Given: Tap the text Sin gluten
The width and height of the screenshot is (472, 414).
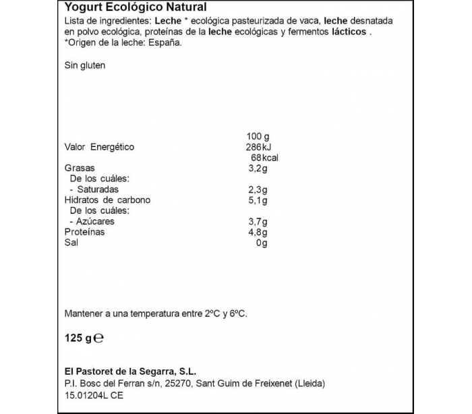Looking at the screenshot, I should (85, 66).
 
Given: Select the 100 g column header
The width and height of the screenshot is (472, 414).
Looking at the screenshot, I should (258, 137).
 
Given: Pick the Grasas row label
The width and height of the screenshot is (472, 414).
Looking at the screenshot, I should (80, 168).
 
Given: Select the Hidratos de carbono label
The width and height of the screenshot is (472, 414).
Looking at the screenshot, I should (107, 200).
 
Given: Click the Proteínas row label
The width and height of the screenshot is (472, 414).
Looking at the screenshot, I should (84, 232).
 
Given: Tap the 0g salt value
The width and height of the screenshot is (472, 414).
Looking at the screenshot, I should (262, 243).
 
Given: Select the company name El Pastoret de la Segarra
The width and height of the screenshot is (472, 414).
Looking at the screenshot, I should (129, 372).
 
